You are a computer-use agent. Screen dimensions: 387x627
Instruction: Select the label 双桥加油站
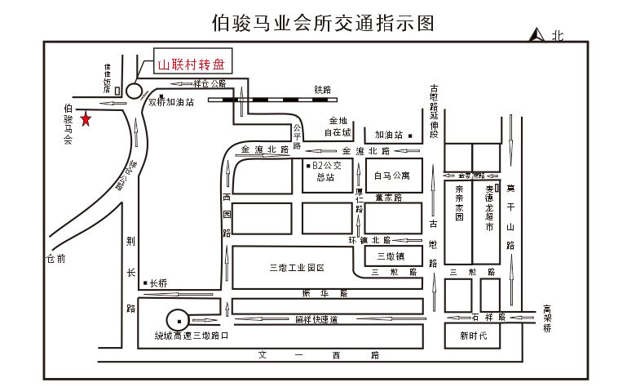[171, 103]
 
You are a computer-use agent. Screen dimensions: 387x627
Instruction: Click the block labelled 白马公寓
[392, 176]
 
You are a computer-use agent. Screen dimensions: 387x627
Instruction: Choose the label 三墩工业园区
[297, 267]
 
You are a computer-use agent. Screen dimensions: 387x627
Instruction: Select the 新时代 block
[472, 336]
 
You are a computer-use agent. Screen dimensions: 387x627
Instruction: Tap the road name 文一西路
[318, 355]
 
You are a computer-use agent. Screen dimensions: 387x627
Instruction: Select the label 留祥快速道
[316, 319]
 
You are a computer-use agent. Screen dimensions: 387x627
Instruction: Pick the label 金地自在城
[337, 126]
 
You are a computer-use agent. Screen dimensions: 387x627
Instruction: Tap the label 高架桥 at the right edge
[548, 319]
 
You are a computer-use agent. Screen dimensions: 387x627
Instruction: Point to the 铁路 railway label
[321, 88]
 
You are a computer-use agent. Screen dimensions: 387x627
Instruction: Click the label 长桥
[157, 283]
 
